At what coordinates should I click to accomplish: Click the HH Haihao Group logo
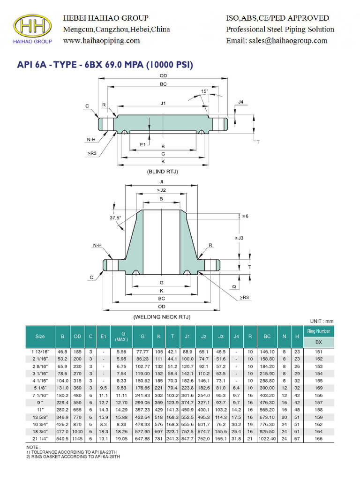pos(33,28)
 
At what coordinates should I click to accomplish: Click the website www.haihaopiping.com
pos(101,41)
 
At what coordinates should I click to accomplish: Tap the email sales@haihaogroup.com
pos(277,41)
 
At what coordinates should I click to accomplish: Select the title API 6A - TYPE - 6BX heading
pos(105,65)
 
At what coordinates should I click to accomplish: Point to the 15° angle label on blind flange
pos(205,91)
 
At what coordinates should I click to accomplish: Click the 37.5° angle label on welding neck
pos(115,217)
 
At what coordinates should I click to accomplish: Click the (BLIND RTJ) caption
pos(163,172)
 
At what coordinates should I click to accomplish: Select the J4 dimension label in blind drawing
pos(241,102)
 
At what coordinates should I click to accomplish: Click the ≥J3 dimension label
pos(240,239)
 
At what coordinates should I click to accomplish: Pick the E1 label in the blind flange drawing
pos(143,145)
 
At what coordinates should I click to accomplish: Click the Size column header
pos(40,337)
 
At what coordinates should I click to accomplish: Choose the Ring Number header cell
pos(319,331)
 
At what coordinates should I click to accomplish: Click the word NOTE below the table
pos(33,448)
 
